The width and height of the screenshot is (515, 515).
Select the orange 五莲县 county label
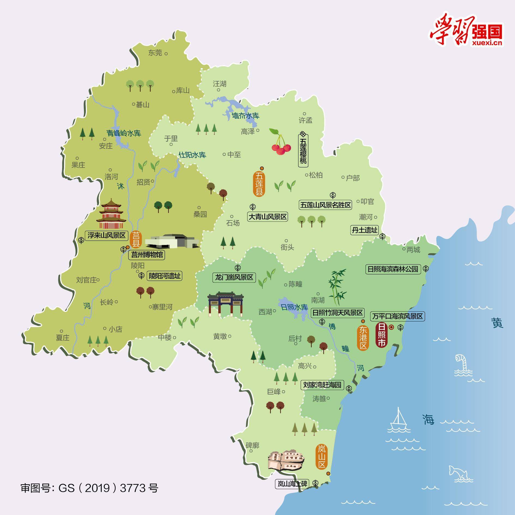click(259, 183)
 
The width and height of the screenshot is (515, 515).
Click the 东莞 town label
click(155, 53)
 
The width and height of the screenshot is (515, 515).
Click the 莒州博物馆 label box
click(147, 255)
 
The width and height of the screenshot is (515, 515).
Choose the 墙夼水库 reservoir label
click(245, 116)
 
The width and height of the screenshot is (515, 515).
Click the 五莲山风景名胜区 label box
click(325, 205)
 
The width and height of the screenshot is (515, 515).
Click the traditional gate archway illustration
click(225, 304)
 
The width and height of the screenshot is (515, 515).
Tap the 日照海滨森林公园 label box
click(393, 269)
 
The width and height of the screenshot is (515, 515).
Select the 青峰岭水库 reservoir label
click(123, 133)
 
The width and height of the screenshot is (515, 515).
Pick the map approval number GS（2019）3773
click(89, 488)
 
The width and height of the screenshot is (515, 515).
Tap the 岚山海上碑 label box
click(292, 484)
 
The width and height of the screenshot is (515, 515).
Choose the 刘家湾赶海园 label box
click(322, 385)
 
